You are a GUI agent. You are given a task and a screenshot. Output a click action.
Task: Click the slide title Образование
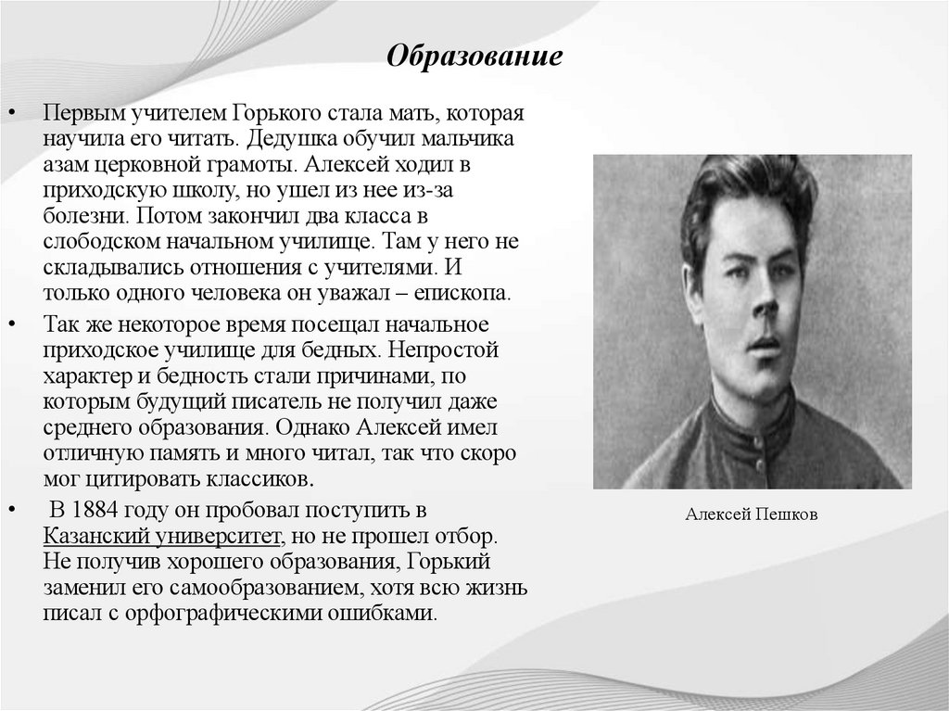point(474,57)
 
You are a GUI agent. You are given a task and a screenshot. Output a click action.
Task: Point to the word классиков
point(262,480)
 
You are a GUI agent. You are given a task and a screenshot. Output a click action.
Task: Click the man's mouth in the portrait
point(765,342)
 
